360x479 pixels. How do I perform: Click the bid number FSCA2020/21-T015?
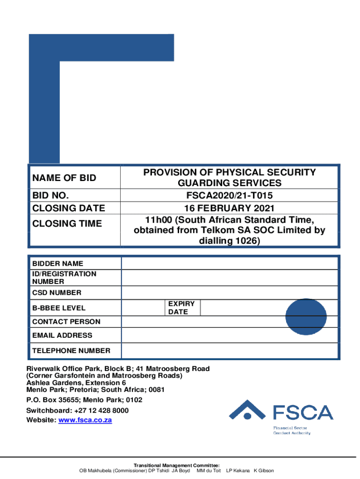[x=229, y=195]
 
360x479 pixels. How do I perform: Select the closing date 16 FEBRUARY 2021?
[x=229, y=208]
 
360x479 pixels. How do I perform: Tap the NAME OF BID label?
[x=64, y=178]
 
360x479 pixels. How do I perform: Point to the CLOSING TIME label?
[x=67, y=224]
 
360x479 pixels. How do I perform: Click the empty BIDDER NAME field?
[x=229, y=263]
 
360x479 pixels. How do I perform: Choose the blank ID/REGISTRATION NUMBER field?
[x=229, y=278]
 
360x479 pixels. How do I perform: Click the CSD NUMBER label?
[x=57, y=293]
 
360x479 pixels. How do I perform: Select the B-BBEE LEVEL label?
[x=59, y=308]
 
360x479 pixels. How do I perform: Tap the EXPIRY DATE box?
[x=182, y=308]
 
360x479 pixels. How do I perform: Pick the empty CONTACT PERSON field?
[x=229, y=322]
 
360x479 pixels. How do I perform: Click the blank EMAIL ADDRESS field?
[x=229, y=335]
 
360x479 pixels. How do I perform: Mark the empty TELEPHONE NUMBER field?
[x=229, y=350]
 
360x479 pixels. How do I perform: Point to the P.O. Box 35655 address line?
[x=84, y=400]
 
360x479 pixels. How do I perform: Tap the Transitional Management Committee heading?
[x=177, y=465]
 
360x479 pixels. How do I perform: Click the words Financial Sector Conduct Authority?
[x=292, y=430]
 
